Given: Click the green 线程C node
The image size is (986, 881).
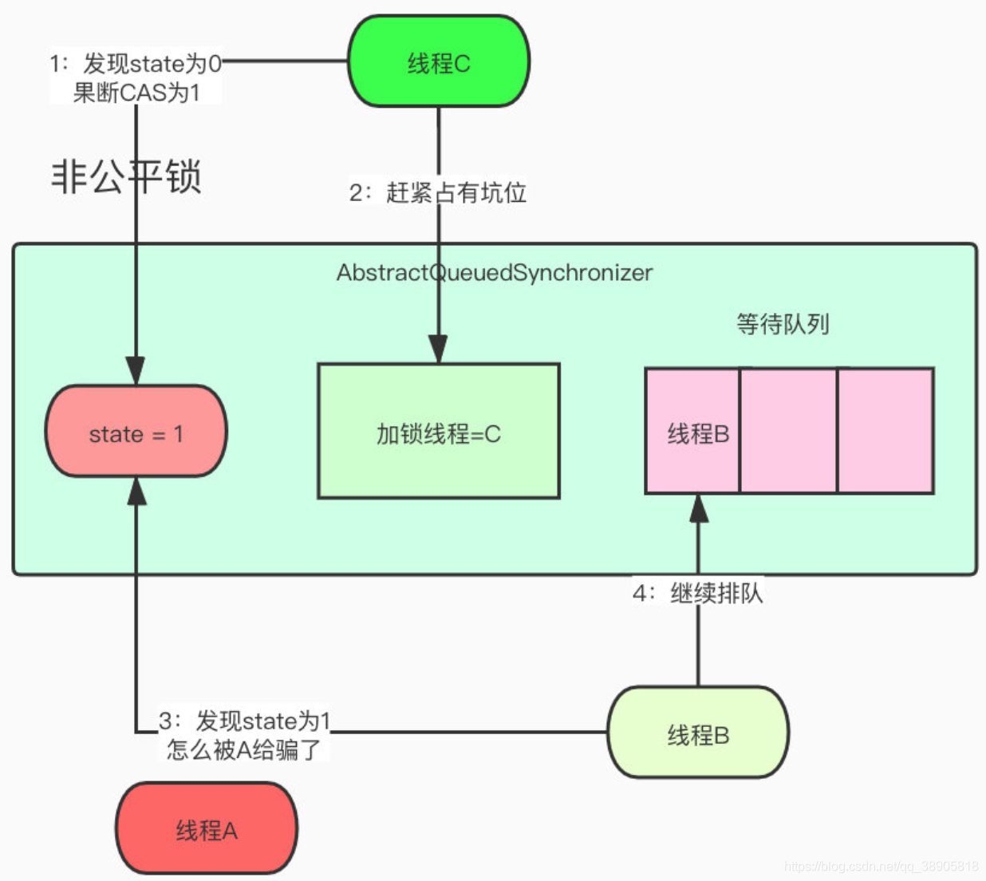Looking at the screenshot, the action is click(x=439, y=61).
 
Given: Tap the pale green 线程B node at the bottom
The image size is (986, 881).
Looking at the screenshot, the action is click(x=698, y=733).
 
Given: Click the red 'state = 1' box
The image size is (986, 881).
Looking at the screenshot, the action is click(x=136, y=431).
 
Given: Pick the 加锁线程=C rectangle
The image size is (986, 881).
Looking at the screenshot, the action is click(x=439, y=431).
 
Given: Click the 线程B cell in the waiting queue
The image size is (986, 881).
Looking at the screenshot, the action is click(x=692, y=431).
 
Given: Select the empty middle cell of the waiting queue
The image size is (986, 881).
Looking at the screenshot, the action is click(x=788, y=431).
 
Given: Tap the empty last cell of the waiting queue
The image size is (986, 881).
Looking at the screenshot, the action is click(x=885, y=431).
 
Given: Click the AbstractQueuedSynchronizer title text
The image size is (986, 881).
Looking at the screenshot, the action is click(x=495, y=273).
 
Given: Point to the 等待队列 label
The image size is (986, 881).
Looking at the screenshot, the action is click(x=783, y=324).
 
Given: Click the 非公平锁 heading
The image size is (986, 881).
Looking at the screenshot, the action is click(x=126, y=176).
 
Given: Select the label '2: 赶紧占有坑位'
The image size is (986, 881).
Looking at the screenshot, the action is click(x=437, y=192).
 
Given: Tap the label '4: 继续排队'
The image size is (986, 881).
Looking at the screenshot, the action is click(x=697, y=593).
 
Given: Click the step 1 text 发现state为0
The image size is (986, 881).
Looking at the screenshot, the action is click(x=152, y=64).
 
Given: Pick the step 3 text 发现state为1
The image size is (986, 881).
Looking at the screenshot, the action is click(x=262, y=721).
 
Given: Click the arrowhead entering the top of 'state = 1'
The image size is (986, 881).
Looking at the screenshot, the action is click(x=136, y=371).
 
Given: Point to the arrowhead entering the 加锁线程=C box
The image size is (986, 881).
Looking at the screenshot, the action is click(x=438, y=350).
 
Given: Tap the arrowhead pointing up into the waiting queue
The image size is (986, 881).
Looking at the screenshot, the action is click(x=698, y=508).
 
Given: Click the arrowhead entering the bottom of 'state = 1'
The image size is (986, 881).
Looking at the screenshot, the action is click(x=136, y=491).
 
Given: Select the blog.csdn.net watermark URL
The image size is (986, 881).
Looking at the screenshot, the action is click(x=881, y=867).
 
